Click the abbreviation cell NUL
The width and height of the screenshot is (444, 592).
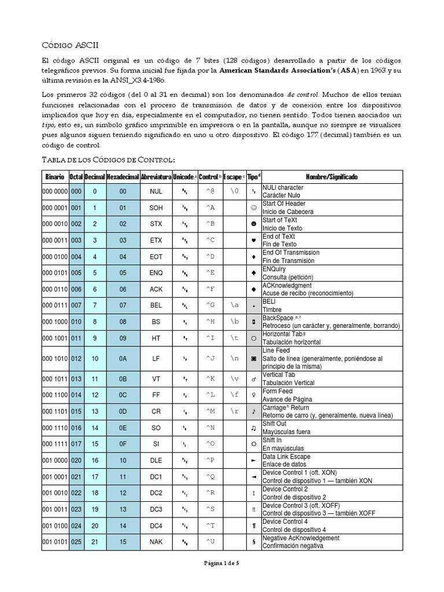pos(156,191)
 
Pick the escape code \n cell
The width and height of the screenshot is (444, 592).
pos(234,358)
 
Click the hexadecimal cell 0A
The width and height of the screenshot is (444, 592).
pos(123,358)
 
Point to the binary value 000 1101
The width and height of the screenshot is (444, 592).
pos(55,411)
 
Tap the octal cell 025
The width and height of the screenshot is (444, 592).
pos(76,542)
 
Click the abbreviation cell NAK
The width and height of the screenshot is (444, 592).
pos(156,542)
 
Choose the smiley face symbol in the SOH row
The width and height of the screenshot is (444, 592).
pos(253,207)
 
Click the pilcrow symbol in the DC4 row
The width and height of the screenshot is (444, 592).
pos(253,526)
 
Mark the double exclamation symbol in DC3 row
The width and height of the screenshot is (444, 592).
pos(253,509)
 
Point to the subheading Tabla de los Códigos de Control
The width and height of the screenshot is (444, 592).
pos(109,159)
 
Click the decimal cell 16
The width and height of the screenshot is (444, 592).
pos(95,460)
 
